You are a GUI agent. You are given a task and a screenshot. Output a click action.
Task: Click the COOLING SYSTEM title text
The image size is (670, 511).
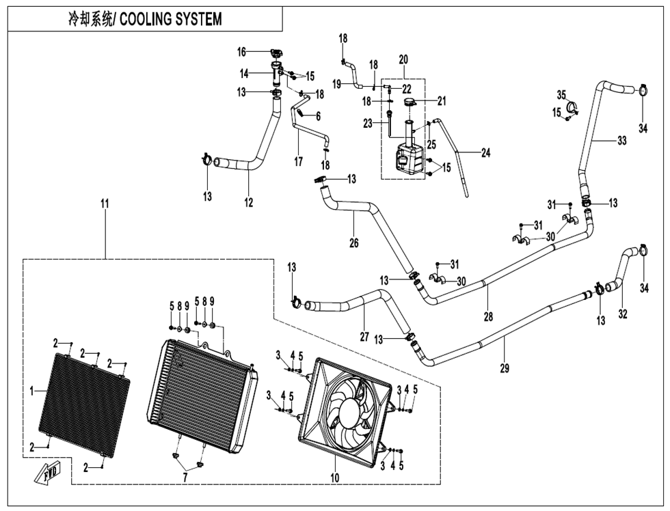point(144,18)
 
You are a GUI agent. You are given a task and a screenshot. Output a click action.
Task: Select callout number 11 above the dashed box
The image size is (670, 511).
point(105,204)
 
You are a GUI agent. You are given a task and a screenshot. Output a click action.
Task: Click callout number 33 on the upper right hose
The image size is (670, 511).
point(621,141)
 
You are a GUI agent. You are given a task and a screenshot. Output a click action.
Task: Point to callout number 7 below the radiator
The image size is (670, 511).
point(185,475)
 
